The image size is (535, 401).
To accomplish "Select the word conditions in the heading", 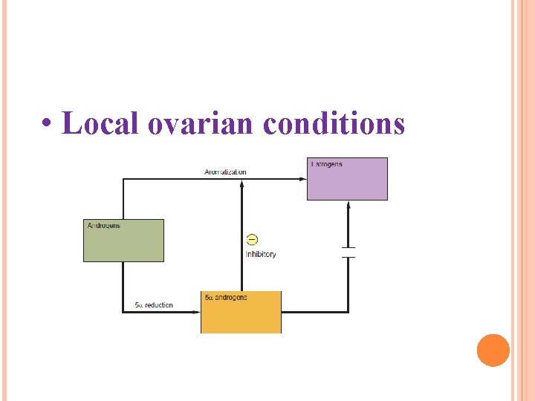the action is (334, 123).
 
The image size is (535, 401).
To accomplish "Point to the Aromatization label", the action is (225, 172).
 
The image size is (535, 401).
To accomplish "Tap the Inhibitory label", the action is (260, 254).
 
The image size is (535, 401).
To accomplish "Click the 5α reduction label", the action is (154, 304).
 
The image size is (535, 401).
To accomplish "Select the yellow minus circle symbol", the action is (252, 239).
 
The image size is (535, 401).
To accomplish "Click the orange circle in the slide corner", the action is (493, 351).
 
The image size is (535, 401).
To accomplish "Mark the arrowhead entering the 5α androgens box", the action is (197, 312).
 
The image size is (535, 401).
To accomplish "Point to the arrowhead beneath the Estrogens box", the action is (348, 205).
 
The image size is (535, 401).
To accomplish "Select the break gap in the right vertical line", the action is (348, 252).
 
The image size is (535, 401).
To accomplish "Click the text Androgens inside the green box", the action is (104, 225).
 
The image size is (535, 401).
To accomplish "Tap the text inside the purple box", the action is (326, 163).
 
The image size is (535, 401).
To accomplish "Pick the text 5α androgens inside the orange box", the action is (226, 298).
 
